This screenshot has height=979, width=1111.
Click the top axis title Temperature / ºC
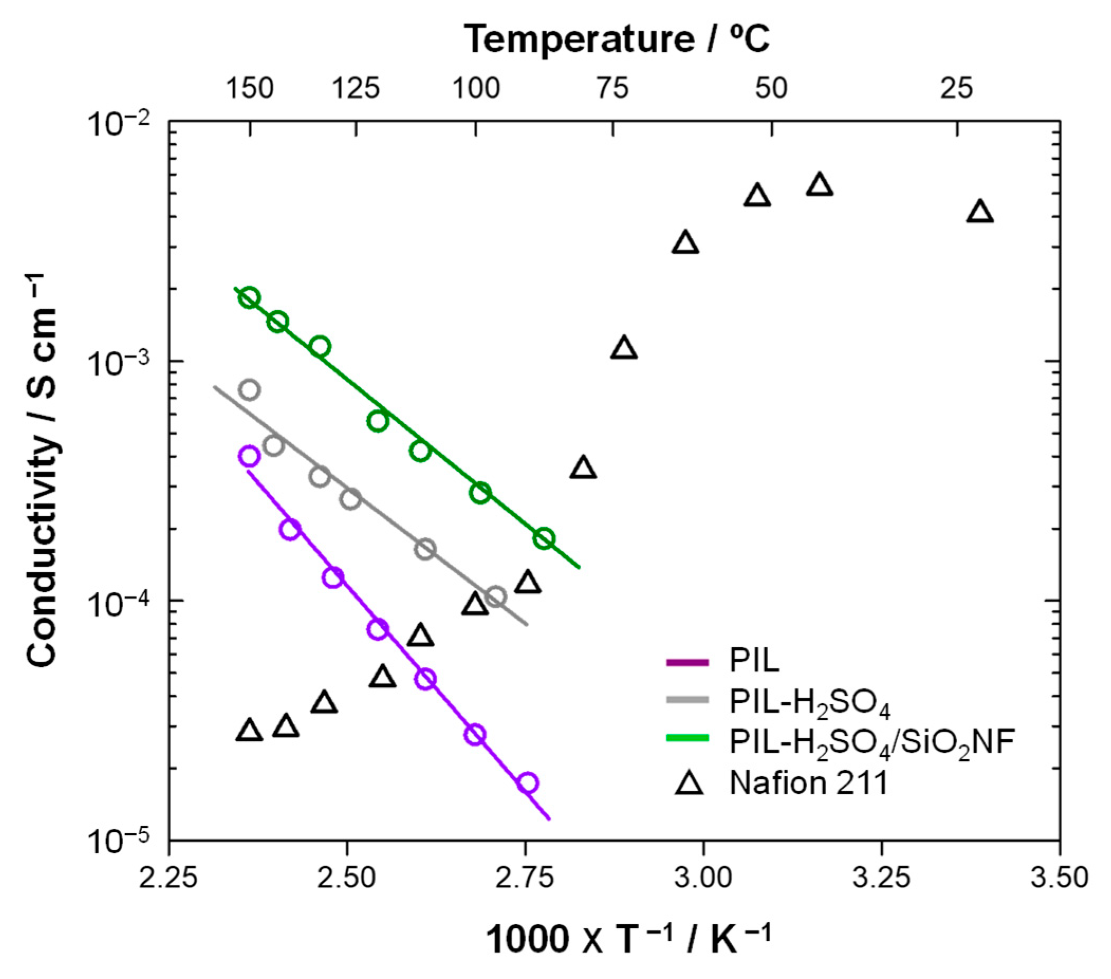[x=617, y=39]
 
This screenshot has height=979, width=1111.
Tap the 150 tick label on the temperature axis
[x=249, y=89]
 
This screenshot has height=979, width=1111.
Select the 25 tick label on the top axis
[x=957, y=89]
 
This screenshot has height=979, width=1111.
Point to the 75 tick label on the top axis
[x=613, y=89]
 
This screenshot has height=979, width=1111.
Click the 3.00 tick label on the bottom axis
[x=703, y=878]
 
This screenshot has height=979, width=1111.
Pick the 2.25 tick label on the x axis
[x=168, y=878]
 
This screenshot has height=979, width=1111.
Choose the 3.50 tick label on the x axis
[x=1059, y=878]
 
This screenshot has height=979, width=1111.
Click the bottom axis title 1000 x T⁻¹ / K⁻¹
[x=628, y=940]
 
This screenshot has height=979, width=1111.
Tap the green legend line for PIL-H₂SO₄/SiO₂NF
[x=688, y=738]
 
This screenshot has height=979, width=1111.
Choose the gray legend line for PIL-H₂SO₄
[x=688, y=700]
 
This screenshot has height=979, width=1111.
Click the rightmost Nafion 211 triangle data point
[x=980, y=212]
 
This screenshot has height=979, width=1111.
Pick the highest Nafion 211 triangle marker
[x=820, y=185]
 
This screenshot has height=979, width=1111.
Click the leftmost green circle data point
[x=249, y=297]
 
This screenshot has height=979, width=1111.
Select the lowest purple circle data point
[x=527, y=783]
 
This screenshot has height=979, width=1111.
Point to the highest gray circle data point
[x=249, y=390]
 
